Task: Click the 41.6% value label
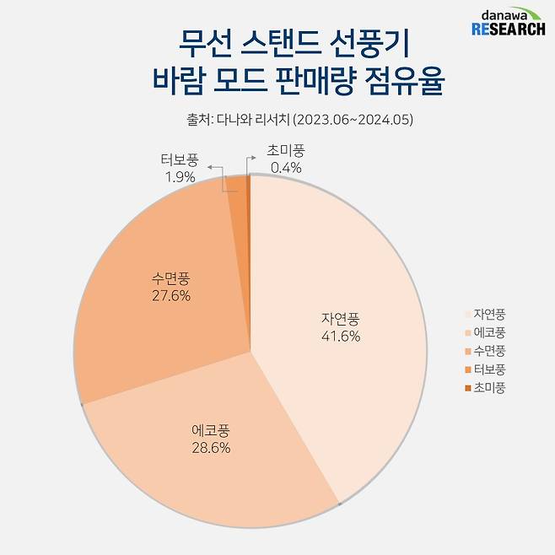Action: point(341,337)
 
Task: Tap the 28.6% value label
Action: point(211,447)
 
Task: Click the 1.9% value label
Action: point(180,177)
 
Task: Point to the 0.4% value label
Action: point(286,168)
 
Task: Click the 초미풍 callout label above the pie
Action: point(286,150)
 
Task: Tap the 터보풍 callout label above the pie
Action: point(180,159)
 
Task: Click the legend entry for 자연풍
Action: point(489,314)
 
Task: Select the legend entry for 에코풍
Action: point(489,332)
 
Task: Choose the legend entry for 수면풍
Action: point(489,351)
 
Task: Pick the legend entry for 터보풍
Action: point(489,369)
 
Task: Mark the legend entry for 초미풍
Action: point(489,388)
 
